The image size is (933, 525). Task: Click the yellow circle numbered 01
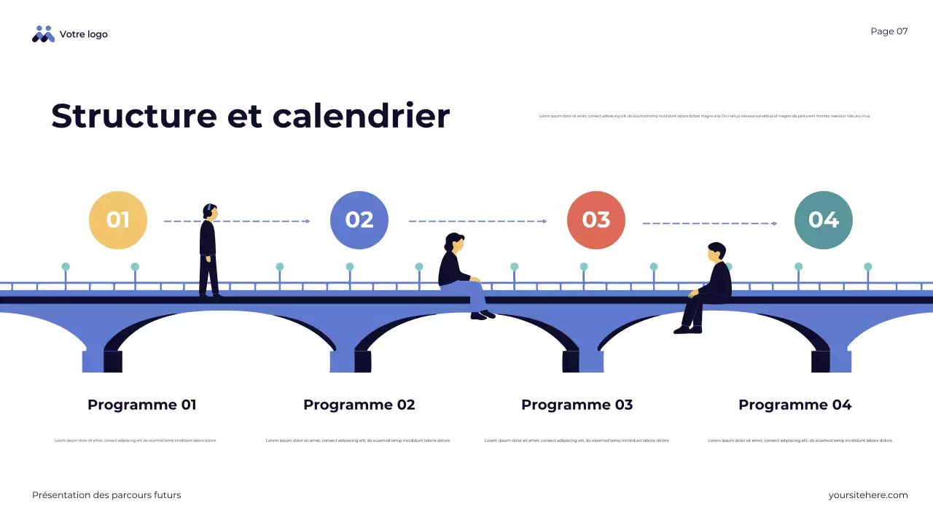point(118,220)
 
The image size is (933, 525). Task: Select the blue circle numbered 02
point(359,220)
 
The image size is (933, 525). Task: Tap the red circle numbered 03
point(596,220)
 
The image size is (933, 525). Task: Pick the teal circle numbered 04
point(824,220)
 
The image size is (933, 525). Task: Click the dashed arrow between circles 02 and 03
point(477,221)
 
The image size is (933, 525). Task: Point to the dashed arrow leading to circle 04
point(709,223)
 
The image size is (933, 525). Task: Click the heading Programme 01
point(142,405)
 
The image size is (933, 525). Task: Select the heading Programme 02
point(359,405)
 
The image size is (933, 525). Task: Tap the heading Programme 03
point(577,405)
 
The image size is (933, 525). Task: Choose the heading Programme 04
point(795,405)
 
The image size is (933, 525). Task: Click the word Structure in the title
point(134,116)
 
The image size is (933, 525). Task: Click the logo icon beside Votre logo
point(44,34)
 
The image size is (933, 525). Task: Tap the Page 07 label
point(889,31)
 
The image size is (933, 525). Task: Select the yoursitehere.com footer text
point(868,495)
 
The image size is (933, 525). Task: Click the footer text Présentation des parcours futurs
point(106,495)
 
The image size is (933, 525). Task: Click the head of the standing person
point(210,211)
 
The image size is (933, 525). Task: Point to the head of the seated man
point(717,252)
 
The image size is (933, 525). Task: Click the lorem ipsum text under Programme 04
point(800,440)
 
